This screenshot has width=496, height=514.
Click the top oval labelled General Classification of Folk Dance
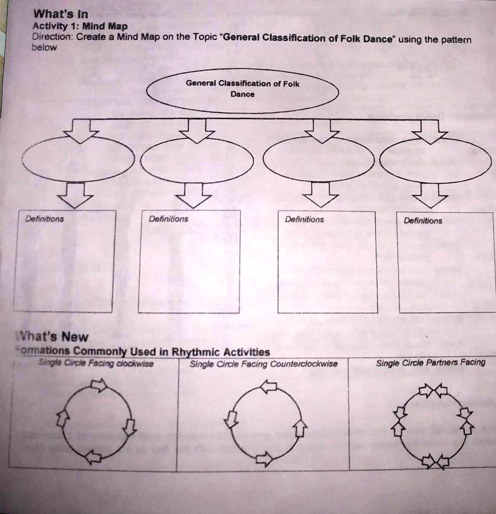242,90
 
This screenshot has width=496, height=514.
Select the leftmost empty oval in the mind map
79,159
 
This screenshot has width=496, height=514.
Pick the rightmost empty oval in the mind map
435,160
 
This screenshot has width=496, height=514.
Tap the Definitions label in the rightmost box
423,220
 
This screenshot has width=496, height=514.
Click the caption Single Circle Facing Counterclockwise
264,364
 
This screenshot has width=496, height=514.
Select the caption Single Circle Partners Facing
430,362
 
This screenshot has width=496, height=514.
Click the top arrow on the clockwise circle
98,385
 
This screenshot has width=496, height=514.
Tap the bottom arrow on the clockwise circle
93,457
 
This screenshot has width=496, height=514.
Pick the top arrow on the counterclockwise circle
269,386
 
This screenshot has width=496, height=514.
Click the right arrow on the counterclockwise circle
300,428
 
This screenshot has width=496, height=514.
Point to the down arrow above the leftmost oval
80,131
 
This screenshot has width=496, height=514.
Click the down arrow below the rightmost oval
430,195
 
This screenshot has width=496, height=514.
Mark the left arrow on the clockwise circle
62,418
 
